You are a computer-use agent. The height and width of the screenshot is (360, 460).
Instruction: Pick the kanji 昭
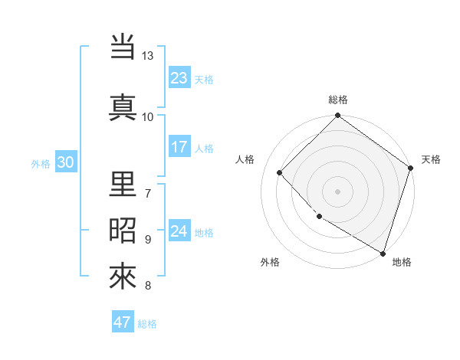(x=123, y=230)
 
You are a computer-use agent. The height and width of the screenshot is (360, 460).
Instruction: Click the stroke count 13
(x=148, y=56)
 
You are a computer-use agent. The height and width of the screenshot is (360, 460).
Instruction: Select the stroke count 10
(x=148, y=116)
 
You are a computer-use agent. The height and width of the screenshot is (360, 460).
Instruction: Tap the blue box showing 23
(x=179, y=77)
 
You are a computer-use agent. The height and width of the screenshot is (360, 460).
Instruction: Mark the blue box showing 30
(x=65, y=162)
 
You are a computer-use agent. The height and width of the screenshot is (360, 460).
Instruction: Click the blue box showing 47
(x=123, y=322)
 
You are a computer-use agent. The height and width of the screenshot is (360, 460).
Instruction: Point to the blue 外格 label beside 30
(x=41, y=163)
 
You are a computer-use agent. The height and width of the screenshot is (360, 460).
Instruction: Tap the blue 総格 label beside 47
(x=147, y=324)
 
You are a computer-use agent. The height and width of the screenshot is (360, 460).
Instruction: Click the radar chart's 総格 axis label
(x=338, y=100)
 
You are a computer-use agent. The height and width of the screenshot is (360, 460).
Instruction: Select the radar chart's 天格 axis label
(x=431, y=159)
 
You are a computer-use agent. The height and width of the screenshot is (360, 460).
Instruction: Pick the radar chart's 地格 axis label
(x=402, y=262)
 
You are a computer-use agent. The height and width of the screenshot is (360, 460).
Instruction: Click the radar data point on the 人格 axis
(x=280, y=172)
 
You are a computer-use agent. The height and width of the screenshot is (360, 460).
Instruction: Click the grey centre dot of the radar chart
(x=338, y=191)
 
